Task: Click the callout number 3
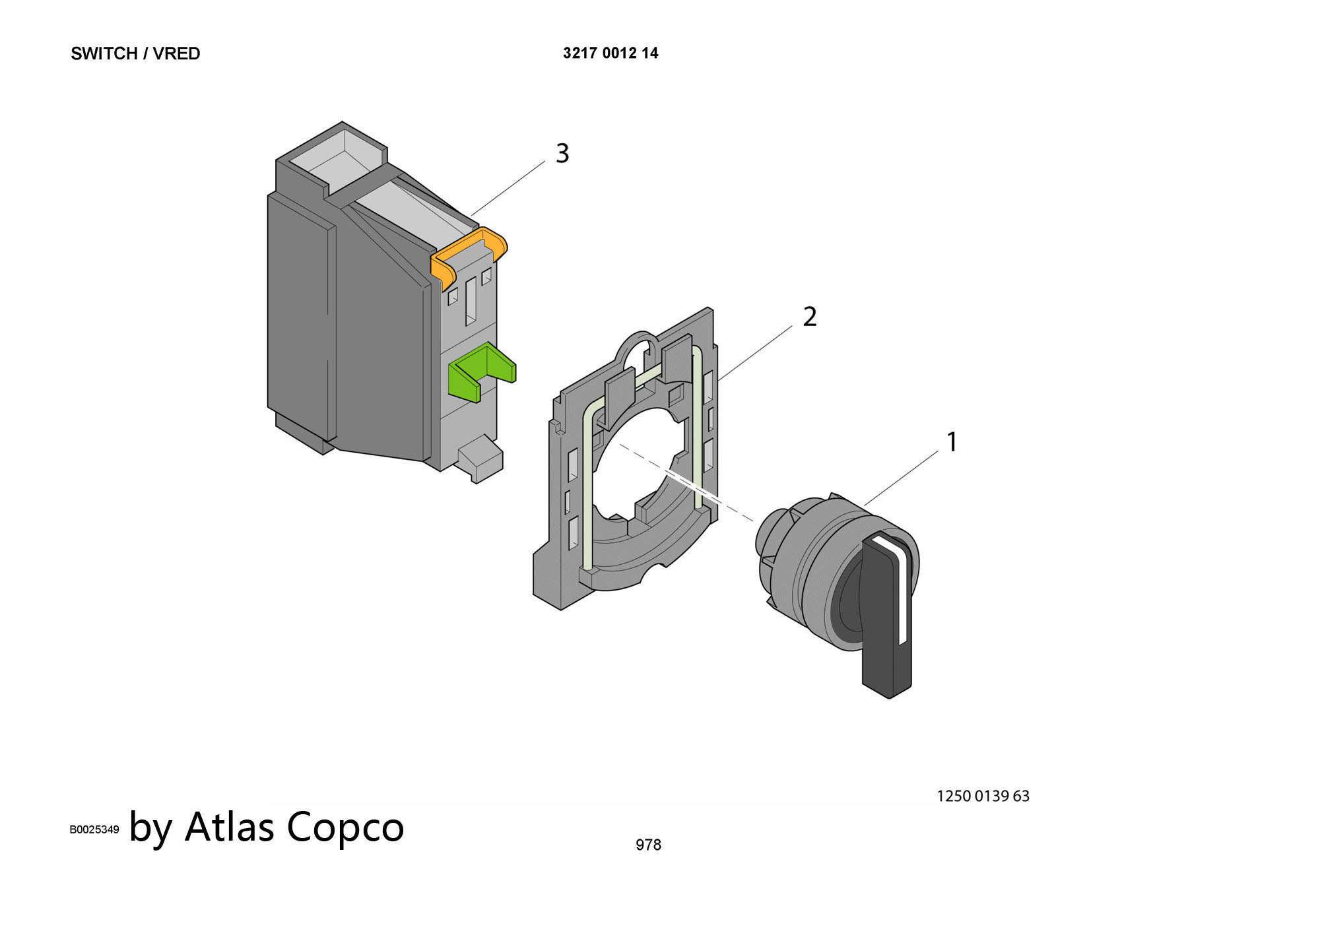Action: (562, 153)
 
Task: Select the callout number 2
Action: (810, 317)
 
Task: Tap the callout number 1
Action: (952, 441)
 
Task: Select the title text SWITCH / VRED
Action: (135, 53)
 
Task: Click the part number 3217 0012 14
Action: (610, 53)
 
